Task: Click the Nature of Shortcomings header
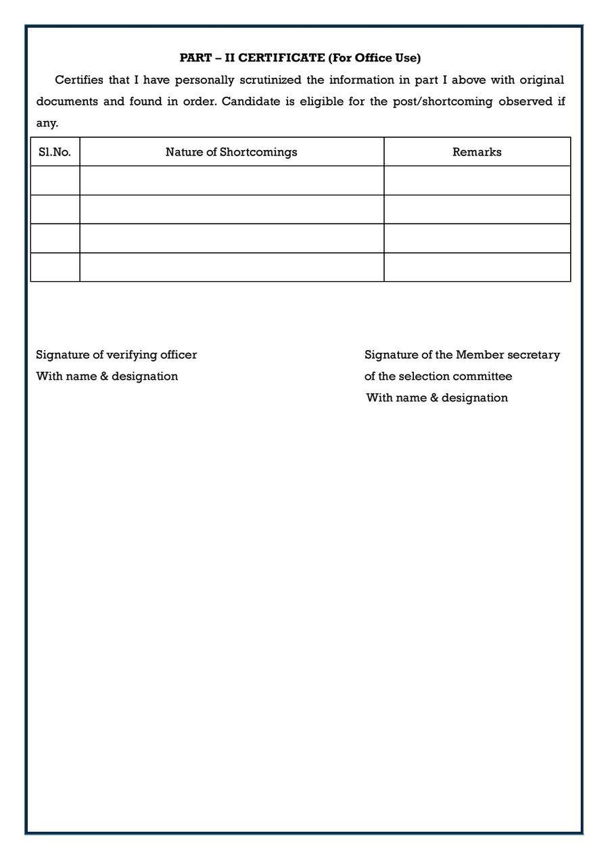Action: pyautogui.click(x=231, y=152)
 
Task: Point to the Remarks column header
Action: pyautogui.click(x=477, y=152)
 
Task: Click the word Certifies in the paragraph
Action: pyautogui.click(x=79, y=80)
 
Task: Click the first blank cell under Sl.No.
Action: pyautogui.click(x=55, y=180)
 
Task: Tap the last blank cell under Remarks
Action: pyautogui.click(x=477, y=267)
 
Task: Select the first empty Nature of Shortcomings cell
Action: pyautogui.click(x=231, y=180)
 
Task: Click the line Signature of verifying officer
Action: pyautogui.click(x=116, y=355)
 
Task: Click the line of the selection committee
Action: pyautogui.click(x=438, y=376)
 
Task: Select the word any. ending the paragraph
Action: pyautogui.click(x=47, y=124)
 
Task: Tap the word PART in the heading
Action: pyautogui.click(x=194, y=58)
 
